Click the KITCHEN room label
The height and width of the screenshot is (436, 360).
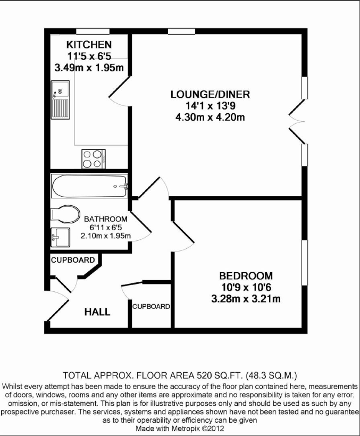89,45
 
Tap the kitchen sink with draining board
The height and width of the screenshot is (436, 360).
60,100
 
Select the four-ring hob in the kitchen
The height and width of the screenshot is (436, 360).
94,159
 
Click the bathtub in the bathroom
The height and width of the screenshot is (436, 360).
89,186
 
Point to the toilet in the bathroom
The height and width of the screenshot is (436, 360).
65,214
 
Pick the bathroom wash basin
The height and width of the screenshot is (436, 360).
60,237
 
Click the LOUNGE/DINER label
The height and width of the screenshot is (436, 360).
210,95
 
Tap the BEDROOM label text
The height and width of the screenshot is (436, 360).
246,276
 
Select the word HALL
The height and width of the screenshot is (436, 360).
97,312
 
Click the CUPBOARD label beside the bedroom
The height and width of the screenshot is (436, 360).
151,306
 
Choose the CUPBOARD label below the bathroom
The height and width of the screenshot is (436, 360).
73,260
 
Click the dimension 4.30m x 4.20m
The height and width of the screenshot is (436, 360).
210,118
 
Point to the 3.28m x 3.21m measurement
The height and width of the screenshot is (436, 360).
246,299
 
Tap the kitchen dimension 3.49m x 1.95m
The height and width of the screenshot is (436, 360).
89,68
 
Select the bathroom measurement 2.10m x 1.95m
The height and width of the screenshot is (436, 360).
106,236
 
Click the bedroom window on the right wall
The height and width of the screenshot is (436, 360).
305,263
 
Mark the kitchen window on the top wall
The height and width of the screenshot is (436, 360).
93,31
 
